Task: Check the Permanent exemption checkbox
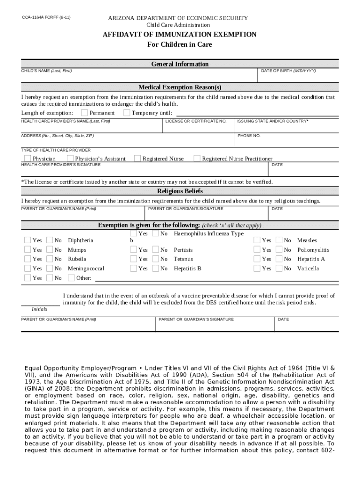click(84, 112)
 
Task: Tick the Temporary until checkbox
click(126, 112)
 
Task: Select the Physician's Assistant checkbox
click(71, 158)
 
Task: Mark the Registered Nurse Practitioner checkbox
click(197, 158)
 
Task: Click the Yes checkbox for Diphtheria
click(28, 240)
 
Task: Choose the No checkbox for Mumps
click(50, 249)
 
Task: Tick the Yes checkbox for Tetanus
click(134, 259)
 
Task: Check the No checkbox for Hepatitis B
click(156, 268)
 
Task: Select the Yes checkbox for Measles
click(257, 240)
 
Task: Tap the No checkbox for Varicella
click(279, 268)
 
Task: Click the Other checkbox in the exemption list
click(71, 278)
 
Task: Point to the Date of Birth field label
click(288, 71)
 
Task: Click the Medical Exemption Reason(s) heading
click(180, 87)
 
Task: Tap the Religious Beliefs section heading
click(180, 191)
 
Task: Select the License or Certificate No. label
click(196, 121)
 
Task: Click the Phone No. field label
click(249, 136)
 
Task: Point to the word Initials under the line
click(39, 309)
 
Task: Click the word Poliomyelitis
click(313, 250)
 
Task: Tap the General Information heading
click(180, 64)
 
